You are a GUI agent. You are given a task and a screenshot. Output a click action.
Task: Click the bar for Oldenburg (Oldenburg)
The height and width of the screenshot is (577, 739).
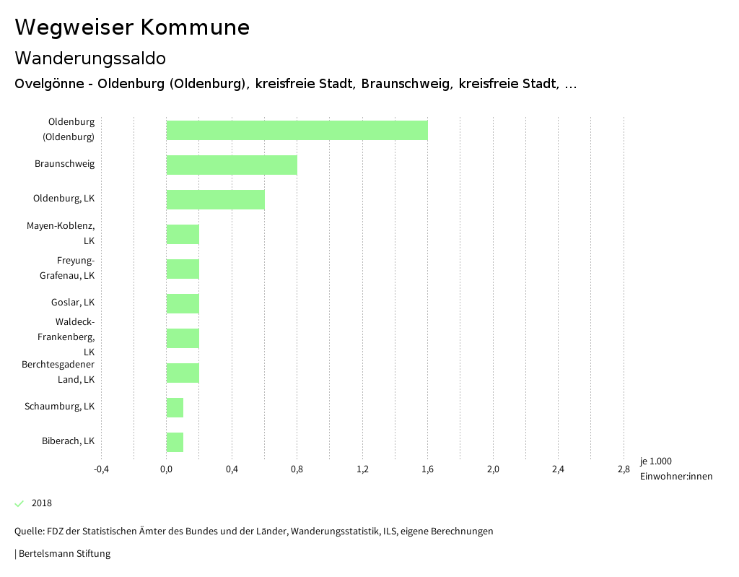point(297,130)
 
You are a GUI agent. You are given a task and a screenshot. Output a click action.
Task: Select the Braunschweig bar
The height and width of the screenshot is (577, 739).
point(232,165)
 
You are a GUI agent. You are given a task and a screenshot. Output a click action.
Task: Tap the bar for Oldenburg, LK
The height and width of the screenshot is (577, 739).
point(215,199)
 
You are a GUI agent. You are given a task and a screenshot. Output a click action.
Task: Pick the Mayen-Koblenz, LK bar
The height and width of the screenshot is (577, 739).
point(183,234)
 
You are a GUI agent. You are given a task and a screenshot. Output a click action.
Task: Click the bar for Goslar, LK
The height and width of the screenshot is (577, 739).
point(183,303)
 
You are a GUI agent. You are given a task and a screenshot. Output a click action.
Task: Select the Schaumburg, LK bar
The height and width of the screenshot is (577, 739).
point(175,407)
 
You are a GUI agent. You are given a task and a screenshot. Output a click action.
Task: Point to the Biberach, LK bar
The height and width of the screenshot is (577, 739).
point(175,442)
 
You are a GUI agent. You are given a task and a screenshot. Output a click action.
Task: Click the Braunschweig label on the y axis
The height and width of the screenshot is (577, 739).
point(64,164)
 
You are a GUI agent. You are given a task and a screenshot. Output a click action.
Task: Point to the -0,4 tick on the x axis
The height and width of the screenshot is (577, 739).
point(101,469)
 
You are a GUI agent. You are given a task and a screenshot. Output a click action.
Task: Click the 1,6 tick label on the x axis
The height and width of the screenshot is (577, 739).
point(427,469)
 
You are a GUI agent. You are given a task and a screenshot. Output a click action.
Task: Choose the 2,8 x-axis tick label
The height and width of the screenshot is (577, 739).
point(624,469)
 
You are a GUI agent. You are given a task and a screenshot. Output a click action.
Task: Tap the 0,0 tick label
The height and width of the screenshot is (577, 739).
point(166,469)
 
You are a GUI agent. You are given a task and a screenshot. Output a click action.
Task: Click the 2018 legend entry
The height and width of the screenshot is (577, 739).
point(41,503)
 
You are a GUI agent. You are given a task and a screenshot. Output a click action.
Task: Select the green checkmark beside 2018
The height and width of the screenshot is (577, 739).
point(19,503)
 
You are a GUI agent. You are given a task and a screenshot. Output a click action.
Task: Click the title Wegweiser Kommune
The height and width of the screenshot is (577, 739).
point(132,27)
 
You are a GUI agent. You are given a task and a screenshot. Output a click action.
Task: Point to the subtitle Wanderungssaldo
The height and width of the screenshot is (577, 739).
point(90,58)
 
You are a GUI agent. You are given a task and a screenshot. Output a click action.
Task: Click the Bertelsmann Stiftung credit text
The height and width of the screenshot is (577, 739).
point(64,554)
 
